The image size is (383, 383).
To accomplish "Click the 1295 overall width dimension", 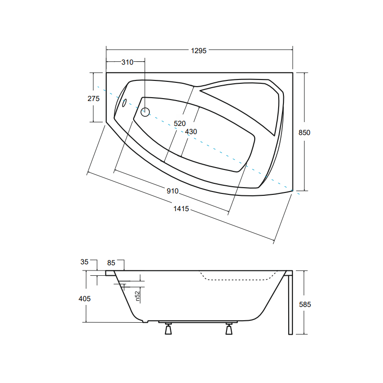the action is (199, 51).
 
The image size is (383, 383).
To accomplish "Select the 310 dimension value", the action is (127, 62).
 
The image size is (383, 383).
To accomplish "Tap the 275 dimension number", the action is (93, 99).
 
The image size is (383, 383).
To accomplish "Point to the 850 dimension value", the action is (304, 133).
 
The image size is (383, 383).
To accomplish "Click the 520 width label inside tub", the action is (180, 124).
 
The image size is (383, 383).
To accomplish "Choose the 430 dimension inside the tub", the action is (191, 132).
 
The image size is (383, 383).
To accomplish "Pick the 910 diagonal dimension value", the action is (172, 191).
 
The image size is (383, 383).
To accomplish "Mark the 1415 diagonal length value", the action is (181, 209).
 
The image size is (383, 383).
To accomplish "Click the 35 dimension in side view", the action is (84, 262).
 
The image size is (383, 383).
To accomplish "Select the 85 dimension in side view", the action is (111, 263).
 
